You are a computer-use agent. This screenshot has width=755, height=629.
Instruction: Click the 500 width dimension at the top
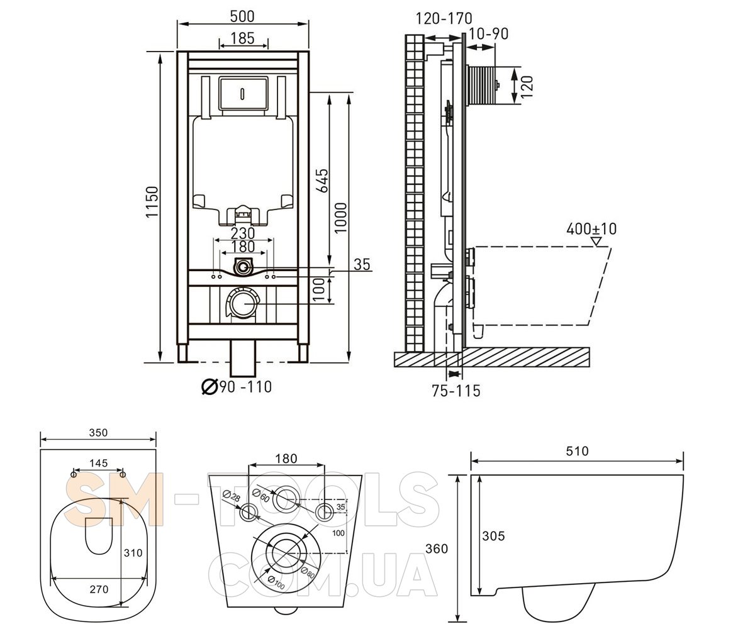[x=242, y=16]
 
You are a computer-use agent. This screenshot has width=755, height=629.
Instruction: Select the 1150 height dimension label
[x=152, y=202]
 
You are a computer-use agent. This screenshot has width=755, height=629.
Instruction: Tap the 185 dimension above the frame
[x=243, y=38]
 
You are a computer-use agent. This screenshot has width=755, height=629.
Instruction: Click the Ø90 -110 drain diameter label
[x=237, y=386]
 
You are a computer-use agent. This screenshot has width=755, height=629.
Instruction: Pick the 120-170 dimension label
[x=444, y=18]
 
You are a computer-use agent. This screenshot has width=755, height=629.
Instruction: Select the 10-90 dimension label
[x=488, y=33]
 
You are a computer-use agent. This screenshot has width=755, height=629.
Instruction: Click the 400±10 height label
[x=591, y=229]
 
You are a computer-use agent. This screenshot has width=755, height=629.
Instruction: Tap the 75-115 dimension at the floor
[x=456, y=391]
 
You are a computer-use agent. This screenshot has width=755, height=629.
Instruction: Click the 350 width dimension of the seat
[x=98, y=433]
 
